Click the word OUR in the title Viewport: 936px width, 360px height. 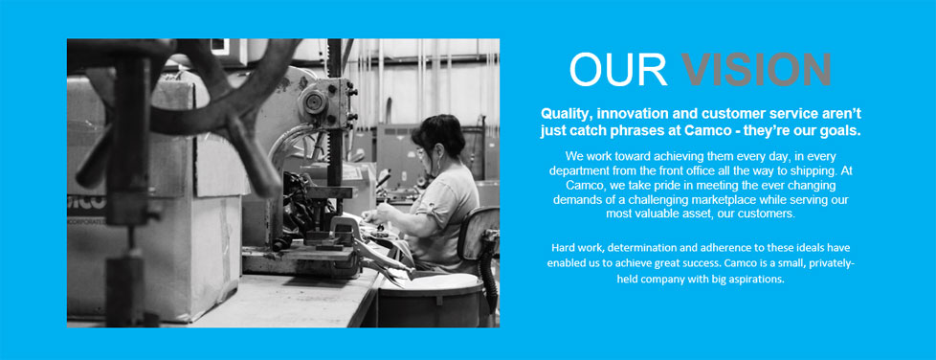(x=618, y=69)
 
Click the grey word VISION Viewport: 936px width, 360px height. (x=757, y=69)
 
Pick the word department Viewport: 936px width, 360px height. (x=578, y=170)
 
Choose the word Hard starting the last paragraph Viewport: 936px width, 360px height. (x=563, y=247)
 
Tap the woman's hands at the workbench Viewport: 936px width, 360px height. (x=375, y=216)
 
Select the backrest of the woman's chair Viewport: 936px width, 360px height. (x=478, y=234)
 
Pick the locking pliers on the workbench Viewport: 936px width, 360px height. (x=370, y=248)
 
